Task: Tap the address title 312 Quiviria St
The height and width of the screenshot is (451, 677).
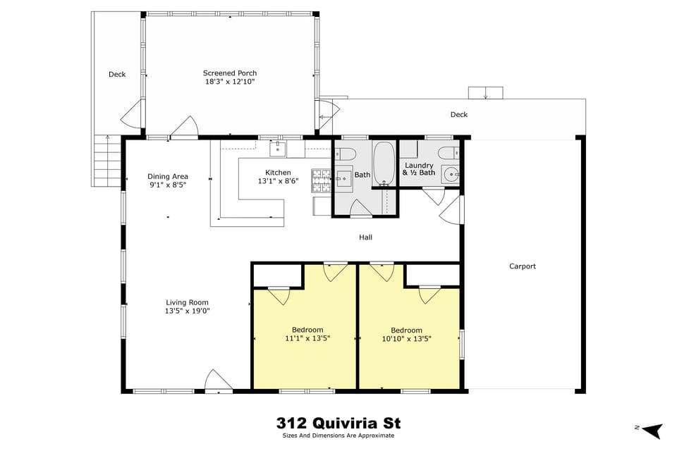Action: point(338,423)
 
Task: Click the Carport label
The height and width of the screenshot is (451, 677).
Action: point(523,266)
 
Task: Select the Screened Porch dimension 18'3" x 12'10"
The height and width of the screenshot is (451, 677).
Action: point(230,82)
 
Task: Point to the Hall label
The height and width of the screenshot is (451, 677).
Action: point(365,237)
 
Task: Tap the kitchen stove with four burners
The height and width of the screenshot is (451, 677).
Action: point(321,181)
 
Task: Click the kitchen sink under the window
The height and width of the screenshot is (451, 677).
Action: point(279,149)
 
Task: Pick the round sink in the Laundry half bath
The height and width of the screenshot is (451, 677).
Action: point(450,176)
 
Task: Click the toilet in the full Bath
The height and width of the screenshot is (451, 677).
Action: point(345,153)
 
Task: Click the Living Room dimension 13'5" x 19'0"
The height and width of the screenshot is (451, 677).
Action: point(188,311)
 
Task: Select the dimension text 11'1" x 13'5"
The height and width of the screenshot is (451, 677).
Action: point(307,338)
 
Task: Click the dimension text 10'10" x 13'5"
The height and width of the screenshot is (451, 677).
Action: point(407,339)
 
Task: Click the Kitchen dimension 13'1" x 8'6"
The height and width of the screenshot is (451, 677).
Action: point(278,181)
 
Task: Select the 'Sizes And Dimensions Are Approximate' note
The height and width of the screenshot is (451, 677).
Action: point(339,435)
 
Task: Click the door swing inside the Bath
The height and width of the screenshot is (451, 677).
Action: point(360,208)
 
